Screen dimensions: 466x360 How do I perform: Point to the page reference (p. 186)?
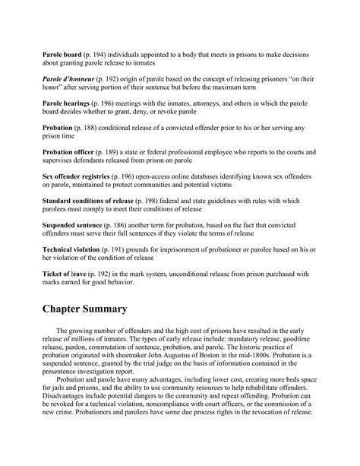[118, 226]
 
